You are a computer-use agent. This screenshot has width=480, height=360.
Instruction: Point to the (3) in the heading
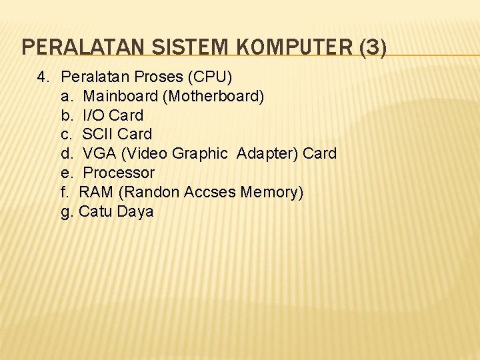[371, 47]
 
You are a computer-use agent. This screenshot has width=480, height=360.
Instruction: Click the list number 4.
[42, 77]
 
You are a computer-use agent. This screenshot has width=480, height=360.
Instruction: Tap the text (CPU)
[209, 77]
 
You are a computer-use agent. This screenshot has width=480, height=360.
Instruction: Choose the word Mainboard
[121, 96]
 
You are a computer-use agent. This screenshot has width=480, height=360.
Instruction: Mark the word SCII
[97, 134]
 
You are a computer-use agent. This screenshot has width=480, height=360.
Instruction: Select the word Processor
[119, 173]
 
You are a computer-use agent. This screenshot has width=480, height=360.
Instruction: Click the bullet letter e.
[66, 173]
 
